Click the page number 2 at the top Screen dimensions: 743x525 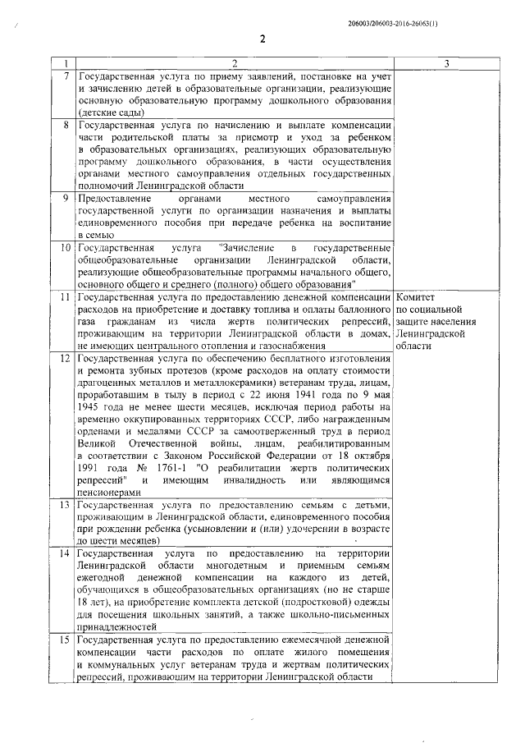point(262,38)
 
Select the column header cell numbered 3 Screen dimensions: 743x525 point(445,64)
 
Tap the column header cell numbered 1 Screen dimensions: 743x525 point(64,64)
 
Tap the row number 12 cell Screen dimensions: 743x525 point(66,358)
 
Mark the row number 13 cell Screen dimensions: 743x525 point(66,504)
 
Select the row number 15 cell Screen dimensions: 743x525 point(66,640)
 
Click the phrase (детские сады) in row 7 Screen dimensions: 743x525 point(110,112)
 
